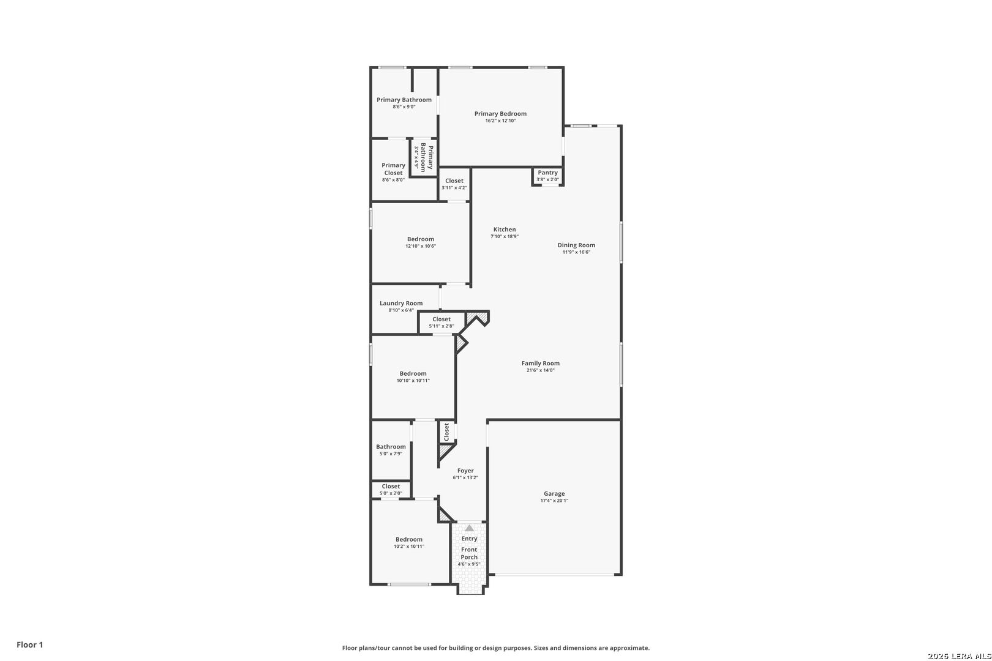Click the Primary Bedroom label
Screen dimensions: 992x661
(x=500, y=114)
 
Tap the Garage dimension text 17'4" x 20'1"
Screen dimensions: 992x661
(x=554, y=501)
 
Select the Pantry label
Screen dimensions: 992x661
(x=548, y=173)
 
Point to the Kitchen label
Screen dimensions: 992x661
(x=505, y=230)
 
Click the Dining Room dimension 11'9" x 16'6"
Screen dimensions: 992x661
(x=576, y=252)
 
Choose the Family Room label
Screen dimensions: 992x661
(x=540, y=363)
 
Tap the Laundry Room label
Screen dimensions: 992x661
(x=401, y=304)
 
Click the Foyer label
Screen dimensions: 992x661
(x=465, y=471)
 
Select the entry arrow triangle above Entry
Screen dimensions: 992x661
(x=470, y=528)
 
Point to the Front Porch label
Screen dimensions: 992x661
(x=469, y=553)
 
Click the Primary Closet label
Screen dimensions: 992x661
(x=393, y=169)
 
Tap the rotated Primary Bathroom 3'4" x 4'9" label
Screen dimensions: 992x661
(x=423, y=157)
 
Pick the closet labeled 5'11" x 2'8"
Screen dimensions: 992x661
(x=442, y=323)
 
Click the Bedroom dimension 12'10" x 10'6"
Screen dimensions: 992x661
(x=421, y=246)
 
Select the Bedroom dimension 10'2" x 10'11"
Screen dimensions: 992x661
(x=409, y=547)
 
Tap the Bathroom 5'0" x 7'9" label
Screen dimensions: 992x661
(x=391, y=450)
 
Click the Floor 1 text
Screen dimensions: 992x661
(x=29, y=644)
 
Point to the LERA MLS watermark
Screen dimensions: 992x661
(x=960, y=656)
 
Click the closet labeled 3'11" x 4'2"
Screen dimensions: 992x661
(x=454, y=184)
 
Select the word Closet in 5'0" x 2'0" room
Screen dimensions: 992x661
(x=391, y=486)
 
